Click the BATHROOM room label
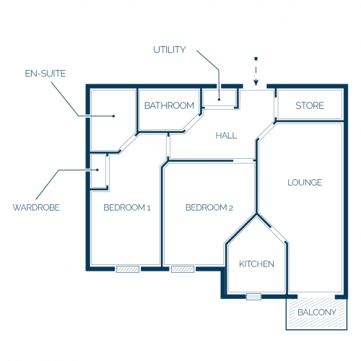coord(169,105)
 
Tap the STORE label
coord(310,105)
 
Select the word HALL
coord(226,136)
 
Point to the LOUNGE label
coord(305,183)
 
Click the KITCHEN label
coord(256,264)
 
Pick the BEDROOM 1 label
coord(127,207)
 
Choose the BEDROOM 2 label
coord(209,207)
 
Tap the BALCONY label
coord(317,312)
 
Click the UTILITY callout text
coord(170,50)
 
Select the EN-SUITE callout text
coord(45,74)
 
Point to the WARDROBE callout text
coord(36,207)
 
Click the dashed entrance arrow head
coord(256,83)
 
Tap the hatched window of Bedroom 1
coord(128,269)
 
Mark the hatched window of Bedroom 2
coord(183,269)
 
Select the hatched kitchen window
coord(253,297)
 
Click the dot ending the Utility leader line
coord(219,100)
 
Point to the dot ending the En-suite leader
coord(113,116)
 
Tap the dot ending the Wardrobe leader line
coord(97,170)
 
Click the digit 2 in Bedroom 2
coord(231,208)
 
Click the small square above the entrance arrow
coord(256,58)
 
